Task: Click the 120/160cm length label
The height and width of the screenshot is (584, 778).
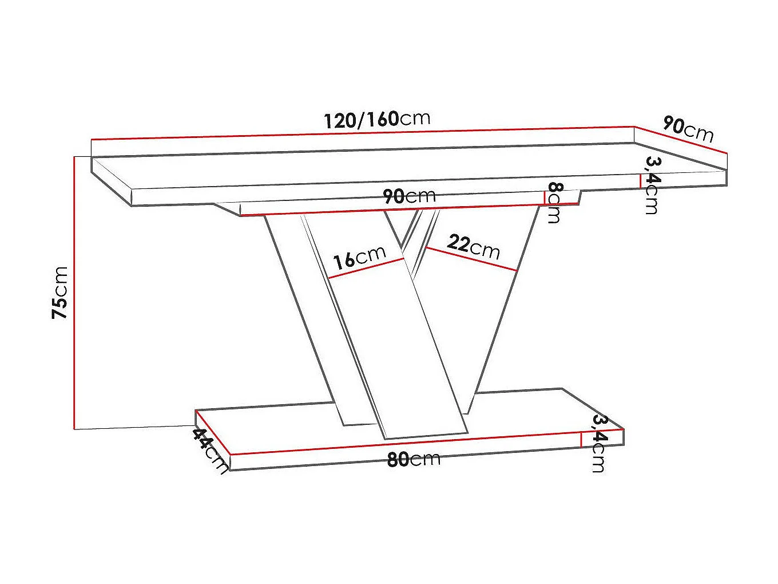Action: click(x=376, y=119)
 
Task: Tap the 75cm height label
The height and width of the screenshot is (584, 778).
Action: click(x=60, y=292)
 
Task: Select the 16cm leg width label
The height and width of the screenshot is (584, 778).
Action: click(x=360, y=258)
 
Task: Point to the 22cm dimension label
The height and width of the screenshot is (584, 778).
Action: click(x=473, y=246)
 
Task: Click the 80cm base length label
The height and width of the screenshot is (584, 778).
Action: click(x=414, y=459)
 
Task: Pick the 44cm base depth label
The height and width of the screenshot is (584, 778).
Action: click(x=209, y=450)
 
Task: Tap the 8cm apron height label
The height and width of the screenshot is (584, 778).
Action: click(x=554, y=202)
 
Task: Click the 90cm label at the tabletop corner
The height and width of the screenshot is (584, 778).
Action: click(x=688, y=129)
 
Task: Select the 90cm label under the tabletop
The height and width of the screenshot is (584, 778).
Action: click(x=409, y=196)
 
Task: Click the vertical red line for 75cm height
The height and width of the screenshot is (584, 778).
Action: click(x=74, y=292)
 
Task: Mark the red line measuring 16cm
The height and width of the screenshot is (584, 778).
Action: click(x=366, y=269)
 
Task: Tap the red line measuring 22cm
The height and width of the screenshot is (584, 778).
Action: click(x=472, y=259)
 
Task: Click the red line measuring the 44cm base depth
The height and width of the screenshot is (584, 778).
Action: click(x=212, y=432)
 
